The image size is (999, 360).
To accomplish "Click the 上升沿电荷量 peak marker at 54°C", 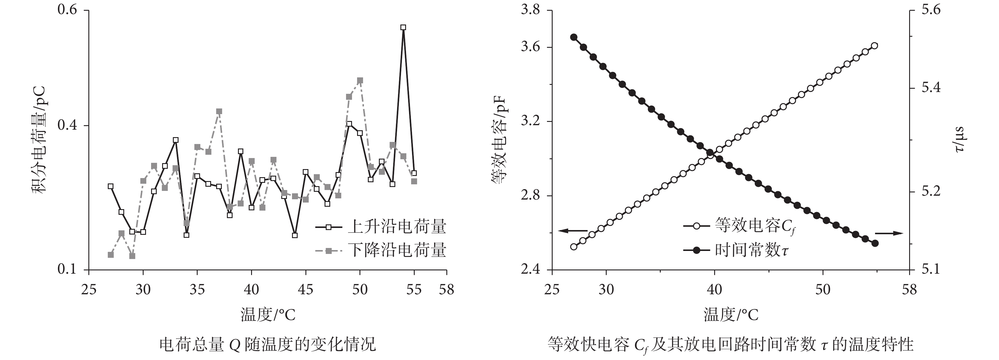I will click(x=403, y=27).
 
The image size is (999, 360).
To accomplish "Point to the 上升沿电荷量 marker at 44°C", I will click(x=295, y=235).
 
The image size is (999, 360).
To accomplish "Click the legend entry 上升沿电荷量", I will click(x=397, y=227).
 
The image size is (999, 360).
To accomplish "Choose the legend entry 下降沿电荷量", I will click(x=397, y=250).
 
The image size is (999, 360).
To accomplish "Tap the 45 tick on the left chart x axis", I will click(x=306, y=289).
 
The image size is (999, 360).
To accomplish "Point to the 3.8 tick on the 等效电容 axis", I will click(x=531, y=10).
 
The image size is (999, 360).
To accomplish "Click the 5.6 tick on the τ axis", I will click(x=930, y=10).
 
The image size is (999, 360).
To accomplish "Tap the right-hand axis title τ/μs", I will click(x=959, y=140).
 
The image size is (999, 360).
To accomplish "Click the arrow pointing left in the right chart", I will click(x=573, y=231).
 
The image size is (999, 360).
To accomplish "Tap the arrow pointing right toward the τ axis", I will click(x=889, y=233).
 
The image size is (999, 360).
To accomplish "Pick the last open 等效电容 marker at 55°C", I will click(x=874, y=46).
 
